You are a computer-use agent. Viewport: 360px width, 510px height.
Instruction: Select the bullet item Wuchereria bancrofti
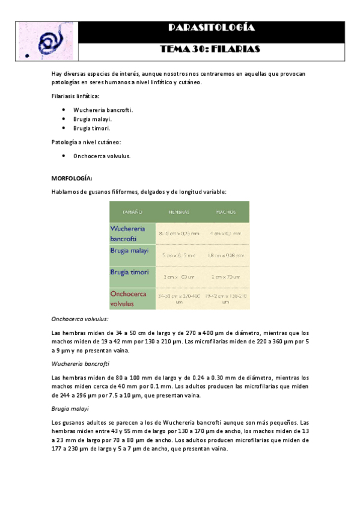coord(103,110)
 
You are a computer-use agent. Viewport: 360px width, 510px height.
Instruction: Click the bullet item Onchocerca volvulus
coord(102,156)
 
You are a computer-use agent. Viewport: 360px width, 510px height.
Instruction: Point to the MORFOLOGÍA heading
coord(72,179)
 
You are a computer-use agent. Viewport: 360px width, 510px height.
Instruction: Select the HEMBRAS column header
coord(178,212)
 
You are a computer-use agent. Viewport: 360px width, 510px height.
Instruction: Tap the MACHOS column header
coord(225,212)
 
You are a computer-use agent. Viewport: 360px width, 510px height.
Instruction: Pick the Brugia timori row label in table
coord(130,272)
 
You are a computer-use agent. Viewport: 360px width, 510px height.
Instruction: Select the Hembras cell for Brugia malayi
coord(178,254)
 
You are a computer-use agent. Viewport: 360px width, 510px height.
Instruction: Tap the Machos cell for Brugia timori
coord(225,277)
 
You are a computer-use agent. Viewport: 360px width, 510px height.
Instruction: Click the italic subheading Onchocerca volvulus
coord(80,319)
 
